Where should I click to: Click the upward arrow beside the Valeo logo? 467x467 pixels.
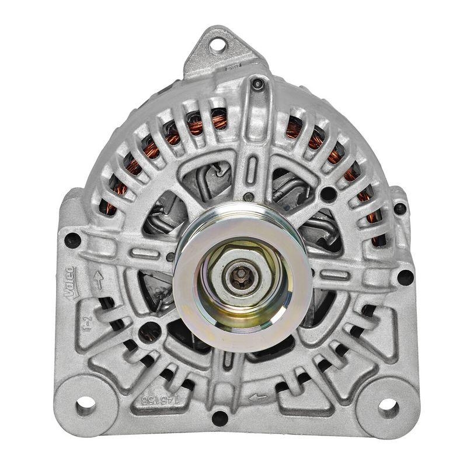coord(99,280)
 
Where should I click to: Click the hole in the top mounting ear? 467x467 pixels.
coord(218,43)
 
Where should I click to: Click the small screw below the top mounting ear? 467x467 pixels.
coord(257,84)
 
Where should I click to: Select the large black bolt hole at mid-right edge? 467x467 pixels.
coord(405,276)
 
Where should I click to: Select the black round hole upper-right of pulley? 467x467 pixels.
coord(329,194)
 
